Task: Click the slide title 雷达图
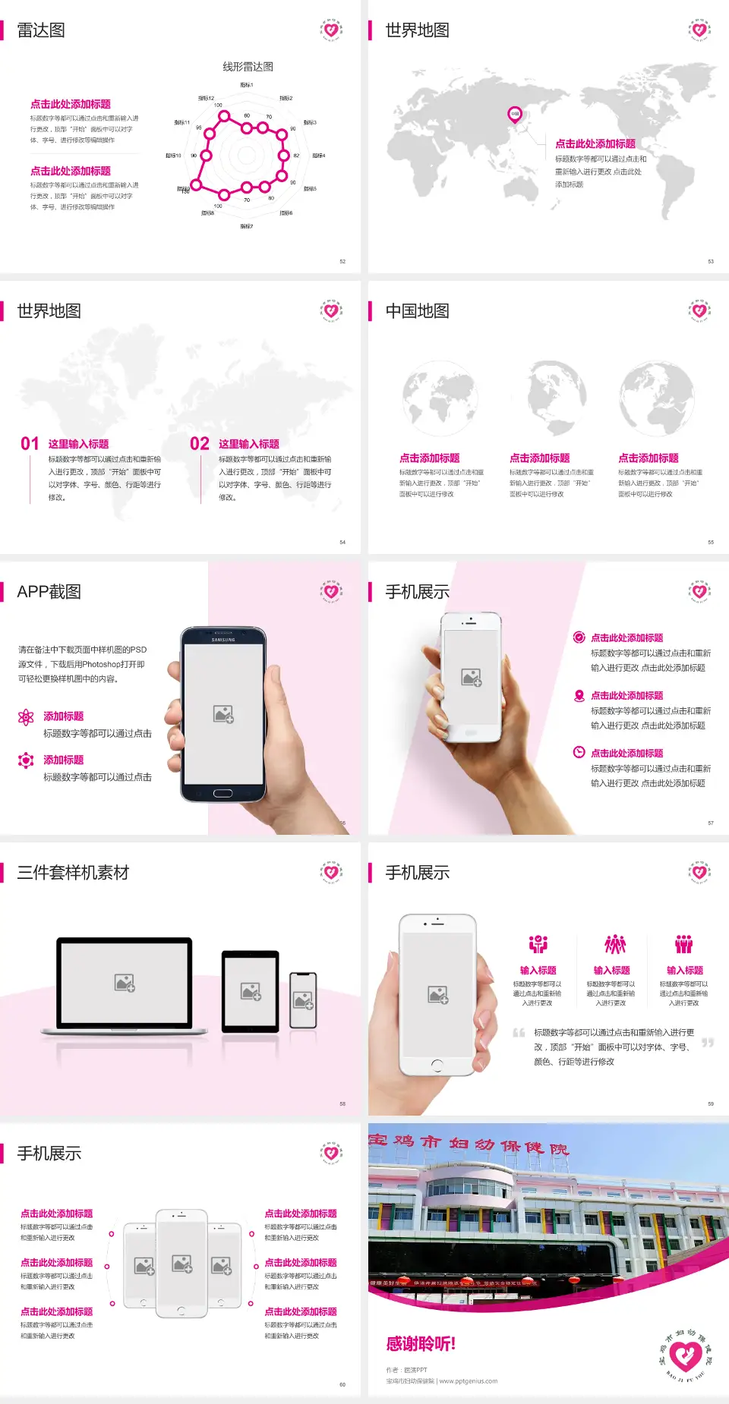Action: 41,30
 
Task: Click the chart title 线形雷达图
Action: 248,67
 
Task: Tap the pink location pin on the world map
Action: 515,115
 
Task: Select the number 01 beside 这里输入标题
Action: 30,443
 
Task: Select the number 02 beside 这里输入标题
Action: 200,443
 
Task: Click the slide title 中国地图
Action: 417,311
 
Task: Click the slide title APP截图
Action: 49,592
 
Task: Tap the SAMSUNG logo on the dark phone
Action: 223,640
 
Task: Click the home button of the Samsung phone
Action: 222,793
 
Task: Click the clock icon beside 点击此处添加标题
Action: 579,752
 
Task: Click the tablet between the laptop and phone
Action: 251,991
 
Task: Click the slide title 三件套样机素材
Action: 73,873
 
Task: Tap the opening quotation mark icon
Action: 519,1033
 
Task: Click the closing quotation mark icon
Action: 708,1043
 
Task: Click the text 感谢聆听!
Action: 421,1344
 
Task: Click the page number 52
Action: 342,261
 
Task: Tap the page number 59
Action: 711,1103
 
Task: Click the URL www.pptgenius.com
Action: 469,1381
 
